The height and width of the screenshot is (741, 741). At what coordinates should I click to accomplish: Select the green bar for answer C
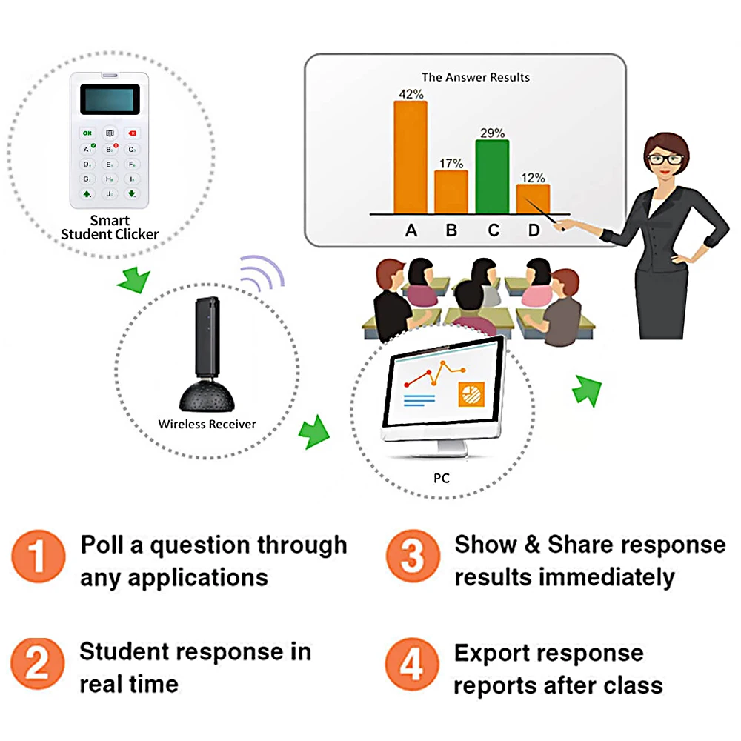[x=492, y=176]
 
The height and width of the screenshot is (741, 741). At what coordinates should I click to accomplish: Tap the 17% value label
[x=451, y=162]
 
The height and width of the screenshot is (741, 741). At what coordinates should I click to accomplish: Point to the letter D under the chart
[x=534, y=230]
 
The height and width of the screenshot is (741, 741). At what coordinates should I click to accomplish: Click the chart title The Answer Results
[x=476, y=77]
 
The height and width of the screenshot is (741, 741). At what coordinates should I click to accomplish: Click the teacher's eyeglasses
[x=665, y=158]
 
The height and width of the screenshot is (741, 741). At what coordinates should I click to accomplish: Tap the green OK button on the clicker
[x=88, y=133]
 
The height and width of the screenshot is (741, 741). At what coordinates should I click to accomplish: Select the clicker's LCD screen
[x=110, y=99]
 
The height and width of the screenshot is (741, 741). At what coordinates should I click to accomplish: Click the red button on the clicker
[x=131, y=133]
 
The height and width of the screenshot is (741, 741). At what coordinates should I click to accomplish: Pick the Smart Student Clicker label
[x=110, y=227]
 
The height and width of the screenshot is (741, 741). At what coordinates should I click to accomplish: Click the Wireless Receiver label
[x=207, y=425]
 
